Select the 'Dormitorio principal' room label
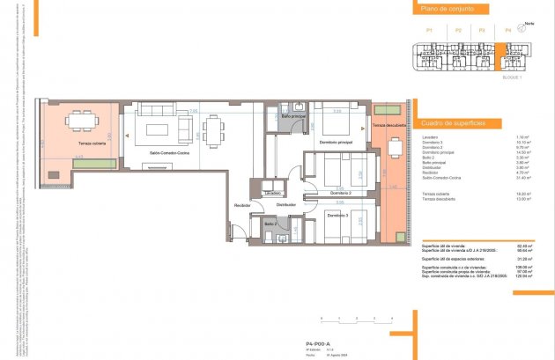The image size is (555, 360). coord(336,143)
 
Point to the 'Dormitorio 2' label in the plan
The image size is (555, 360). coord(335,192)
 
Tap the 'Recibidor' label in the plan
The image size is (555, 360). coord(242,205)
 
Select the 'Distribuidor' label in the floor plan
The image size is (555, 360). coord(286,204)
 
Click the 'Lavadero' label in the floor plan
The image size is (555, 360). coord(272,192)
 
